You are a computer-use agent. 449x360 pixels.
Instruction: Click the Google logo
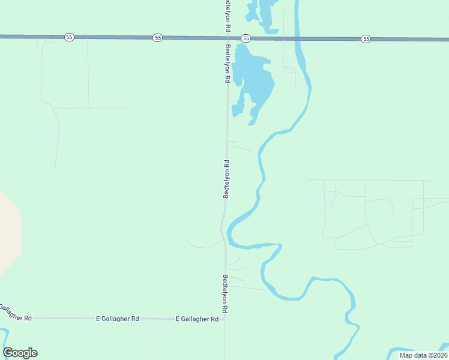tap(20, 353)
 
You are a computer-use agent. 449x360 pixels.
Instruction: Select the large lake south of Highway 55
tap(252, 78)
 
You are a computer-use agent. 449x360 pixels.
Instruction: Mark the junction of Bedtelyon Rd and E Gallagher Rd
tap(225, 319)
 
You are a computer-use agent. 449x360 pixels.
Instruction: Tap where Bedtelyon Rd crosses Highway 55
tap(226, 37)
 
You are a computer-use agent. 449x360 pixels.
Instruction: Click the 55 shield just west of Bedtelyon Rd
tap(157, 37)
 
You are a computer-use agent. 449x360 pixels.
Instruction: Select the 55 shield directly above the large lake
tap(246, 38)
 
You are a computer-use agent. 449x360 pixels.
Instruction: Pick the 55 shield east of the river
tap(366, 38)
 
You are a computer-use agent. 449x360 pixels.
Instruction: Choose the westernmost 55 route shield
tap(70, 37)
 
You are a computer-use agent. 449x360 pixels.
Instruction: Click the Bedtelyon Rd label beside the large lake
tap(228, 62)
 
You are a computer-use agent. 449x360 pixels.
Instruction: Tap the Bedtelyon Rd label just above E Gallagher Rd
tap(225, 293)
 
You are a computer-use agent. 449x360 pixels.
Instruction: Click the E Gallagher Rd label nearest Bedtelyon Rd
tap(197, 319)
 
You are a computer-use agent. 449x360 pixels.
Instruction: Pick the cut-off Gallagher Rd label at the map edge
tap(14, 313)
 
